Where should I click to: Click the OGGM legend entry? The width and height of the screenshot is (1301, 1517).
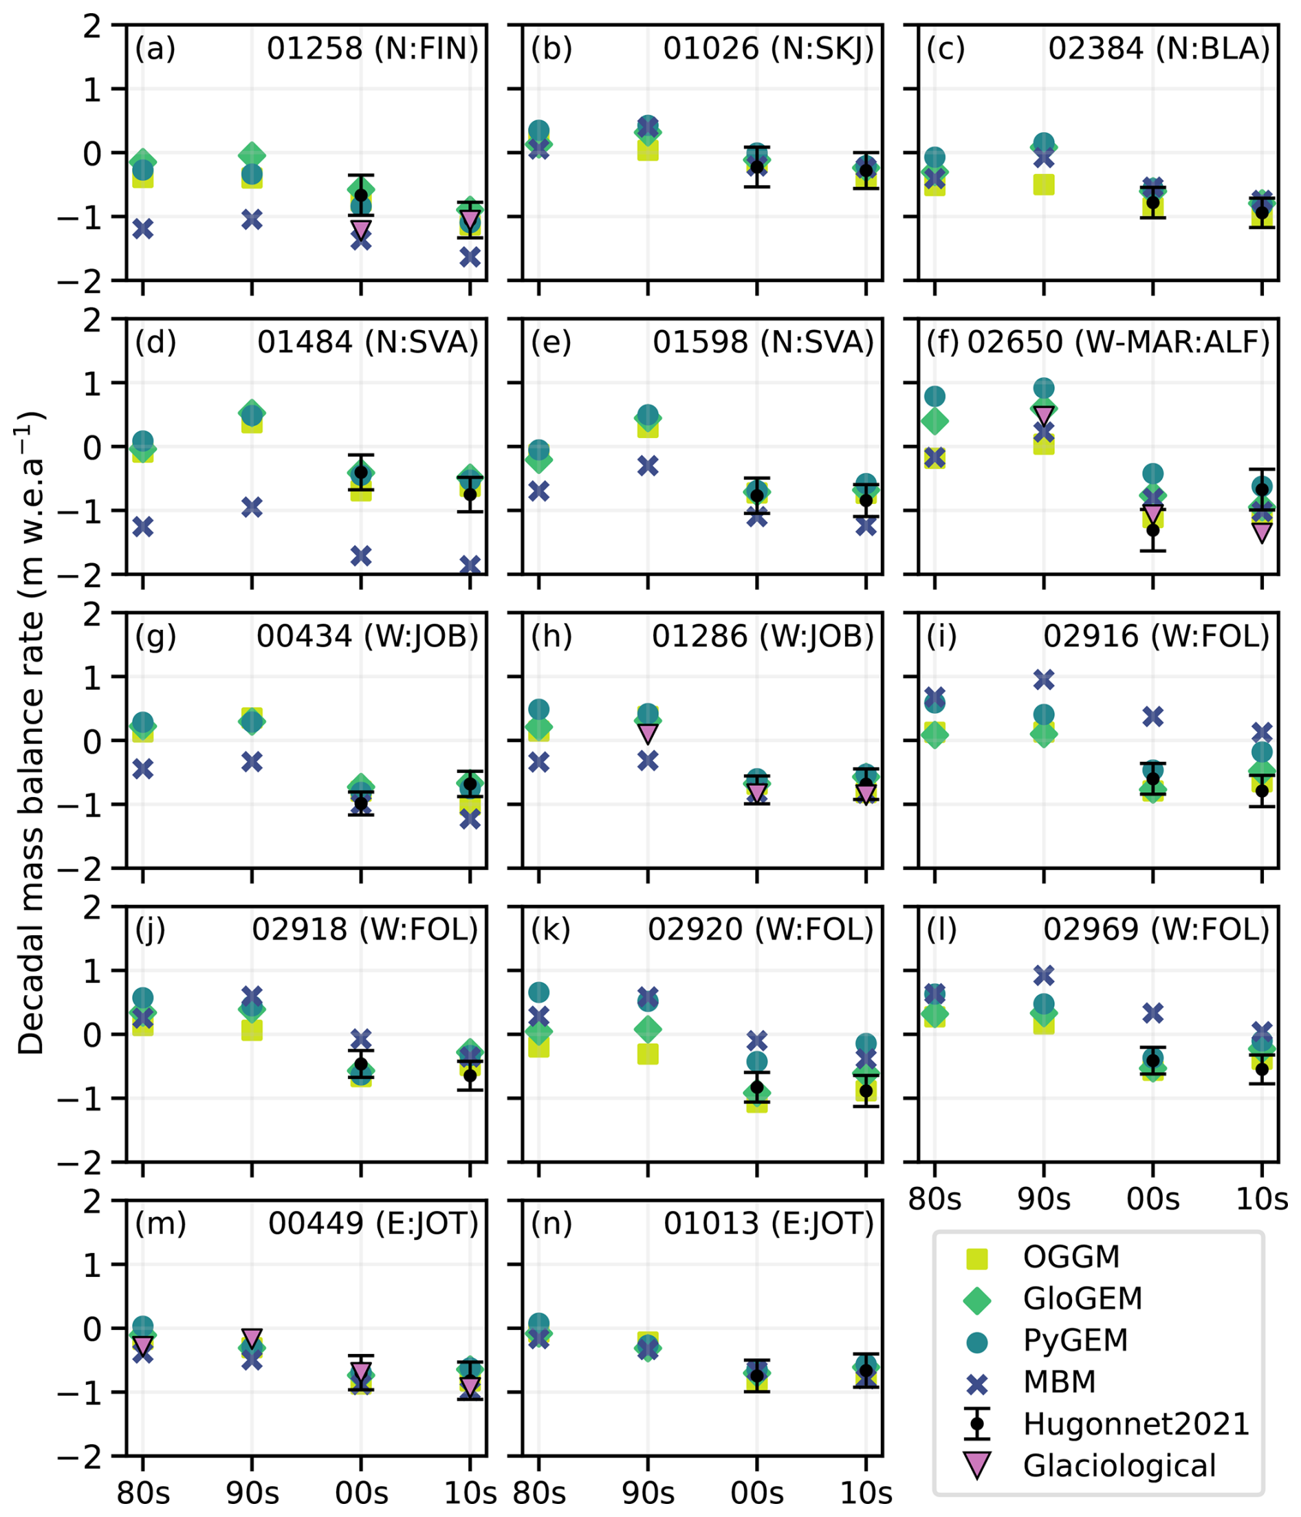point(1071,1256)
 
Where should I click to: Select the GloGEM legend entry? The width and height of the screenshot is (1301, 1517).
point(1082,1298)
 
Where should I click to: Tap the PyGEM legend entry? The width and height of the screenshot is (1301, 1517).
point(1075,1340)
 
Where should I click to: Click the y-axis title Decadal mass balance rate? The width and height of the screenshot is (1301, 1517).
point(31,732)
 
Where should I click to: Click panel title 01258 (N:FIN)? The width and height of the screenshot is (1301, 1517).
point(372,49)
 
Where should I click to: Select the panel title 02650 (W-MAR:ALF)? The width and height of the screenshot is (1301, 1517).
point(1118,342)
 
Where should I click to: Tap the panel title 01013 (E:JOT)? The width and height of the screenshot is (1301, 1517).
point(769,1223)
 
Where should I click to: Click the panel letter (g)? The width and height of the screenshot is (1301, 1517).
point(155,636)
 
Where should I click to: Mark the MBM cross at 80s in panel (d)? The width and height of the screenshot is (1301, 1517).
point(143,526)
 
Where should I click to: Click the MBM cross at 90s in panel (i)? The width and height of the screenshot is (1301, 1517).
point(1044,680)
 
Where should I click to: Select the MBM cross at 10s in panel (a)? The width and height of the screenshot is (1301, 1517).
point(470,257)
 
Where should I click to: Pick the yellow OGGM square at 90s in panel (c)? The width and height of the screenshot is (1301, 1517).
point(1044,184)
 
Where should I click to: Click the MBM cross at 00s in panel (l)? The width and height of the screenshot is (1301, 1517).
point(1153,1014)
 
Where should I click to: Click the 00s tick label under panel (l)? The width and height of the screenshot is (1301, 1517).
point(1153,1199)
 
